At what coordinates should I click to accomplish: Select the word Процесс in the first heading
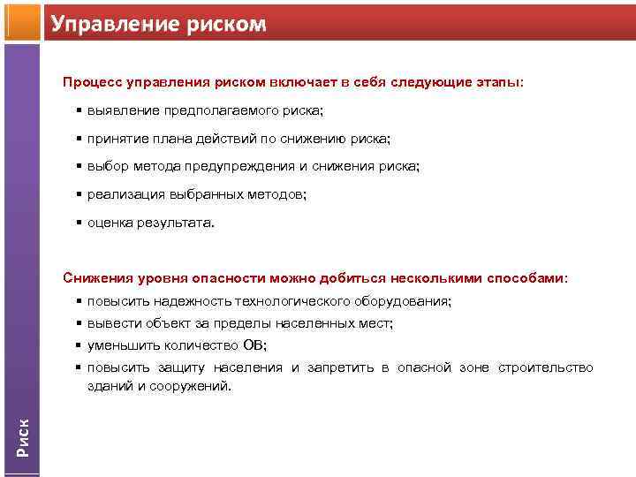point(92,82)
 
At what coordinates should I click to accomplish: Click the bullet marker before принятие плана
point(79,139)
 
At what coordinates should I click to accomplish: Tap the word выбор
point(106,167)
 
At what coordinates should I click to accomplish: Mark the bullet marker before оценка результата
point(79,223)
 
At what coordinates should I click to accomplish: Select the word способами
point(528,278)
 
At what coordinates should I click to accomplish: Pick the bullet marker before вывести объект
point(79,323)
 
